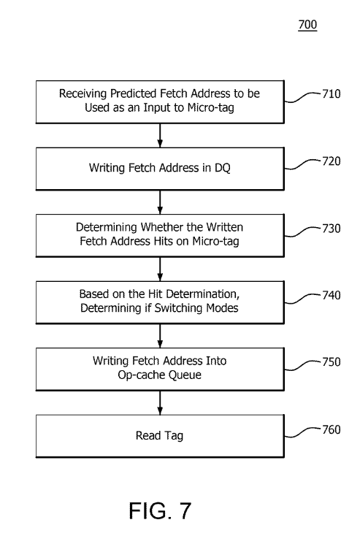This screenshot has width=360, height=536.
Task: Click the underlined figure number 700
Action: tap(307, 25)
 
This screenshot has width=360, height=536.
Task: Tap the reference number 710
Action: tap(332, 93)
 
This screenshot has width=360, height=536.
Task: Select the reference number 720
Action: tap(332, 161)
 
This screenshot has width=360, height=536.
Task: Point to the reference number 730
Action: tap(332, 229)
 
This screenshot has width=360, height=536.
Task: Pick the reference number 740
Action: tap(332, 295)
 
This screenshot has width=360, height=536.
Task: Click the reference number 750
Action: tap(332, 361)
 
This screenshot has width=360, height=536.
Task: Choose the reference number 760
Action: tap(332, 429)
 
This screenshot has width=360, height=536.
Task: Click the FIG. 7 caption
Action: tap(160, 511)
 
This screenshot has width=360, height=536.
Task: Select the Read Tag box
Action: tap(160, 436)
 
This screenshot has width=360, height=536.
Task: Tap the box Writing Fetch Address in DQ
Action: tap(160, 169)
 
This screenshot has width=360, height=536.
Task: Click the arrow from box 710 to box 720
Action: tap(160, 135)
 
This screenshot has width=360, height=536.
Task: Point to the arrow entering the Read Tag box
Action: tap(160, 402)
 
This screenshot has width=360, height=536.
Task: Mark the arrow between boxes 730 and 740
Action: tap(160, 269)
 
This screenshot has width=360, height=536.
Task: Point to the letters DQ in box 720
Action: tap(223, 168)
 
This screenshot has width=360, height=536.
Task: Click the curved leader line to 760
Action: tap(303, 433)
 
